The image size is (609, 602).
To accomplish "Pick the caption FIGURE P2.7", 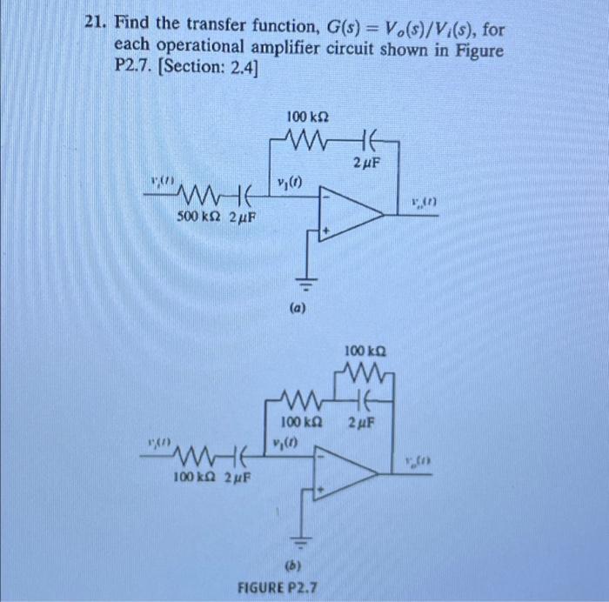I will [278, 588].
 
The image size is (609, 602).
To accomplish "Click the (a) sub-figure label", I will [298, 307].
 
